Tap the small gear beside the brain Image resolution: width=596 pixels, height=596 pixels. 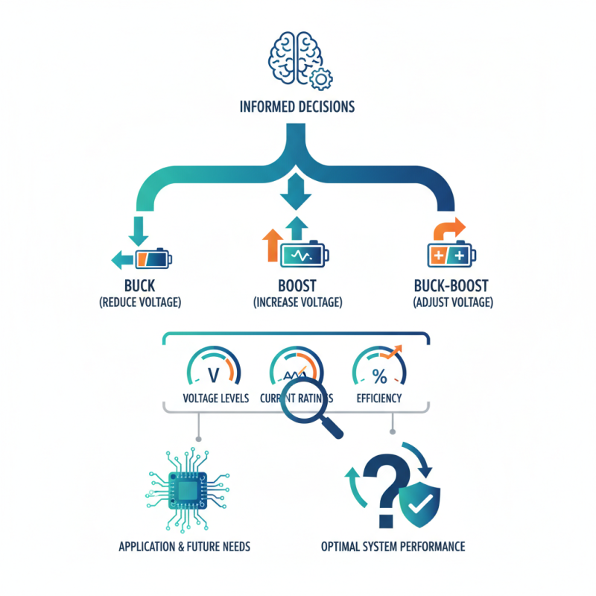click(322, 77)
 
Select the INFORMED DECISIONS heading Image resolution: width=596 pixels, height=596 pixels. click(297, 107)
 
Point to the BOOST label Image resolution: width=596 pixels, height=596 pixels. click(297, 286)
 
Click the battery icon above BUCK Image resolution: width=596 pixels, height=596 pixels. click(153, 259)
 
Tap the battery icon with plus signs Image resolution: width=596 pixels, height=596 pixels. click(450, 256)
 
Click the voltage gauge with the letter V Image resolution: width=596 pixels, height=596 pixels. click(215, 367)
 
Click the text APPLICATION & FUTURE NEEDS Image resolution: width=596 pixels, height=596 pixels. click(184, 547)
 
